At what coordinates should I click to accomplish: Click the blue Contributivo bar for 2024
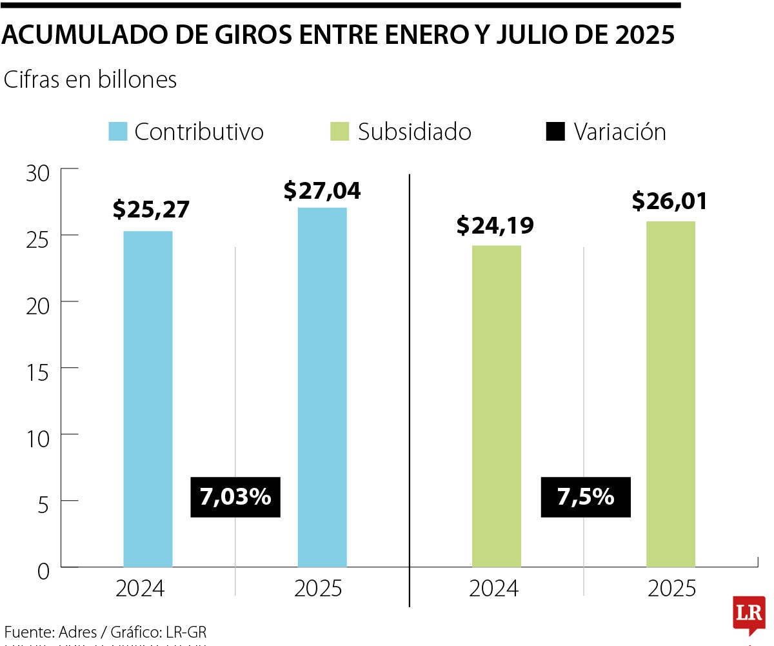point(148,399)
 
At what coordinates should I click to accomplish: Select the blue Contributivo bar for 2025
point(322,387)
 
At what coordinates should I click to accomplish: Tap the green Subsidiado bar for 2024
point(496,406)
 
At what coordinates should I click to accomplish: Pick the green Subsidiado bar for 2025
point(671,394)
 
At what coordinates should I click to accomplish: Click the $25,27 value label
point(151,210)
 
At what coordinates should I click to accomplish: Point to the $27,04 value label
point(322,190)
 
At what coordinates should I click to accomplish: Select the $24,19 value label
point(495,225)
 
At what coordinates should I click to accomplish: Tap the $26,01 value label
point(670,201)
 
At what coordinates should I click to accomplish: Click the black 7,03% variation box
point(235,497)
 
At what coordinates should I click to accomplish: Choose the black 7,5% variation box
point(586,497)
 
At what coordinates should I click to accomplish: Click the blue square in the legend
point(118,132)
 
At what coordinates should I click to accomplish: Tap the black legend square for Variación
point(555,132)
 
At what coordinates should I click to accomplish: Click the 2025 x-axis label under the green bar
point(672,589)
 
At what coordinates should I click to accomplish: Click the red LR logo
point(749,614)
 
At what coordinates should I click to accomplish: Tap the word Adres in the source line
point(77,632)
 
